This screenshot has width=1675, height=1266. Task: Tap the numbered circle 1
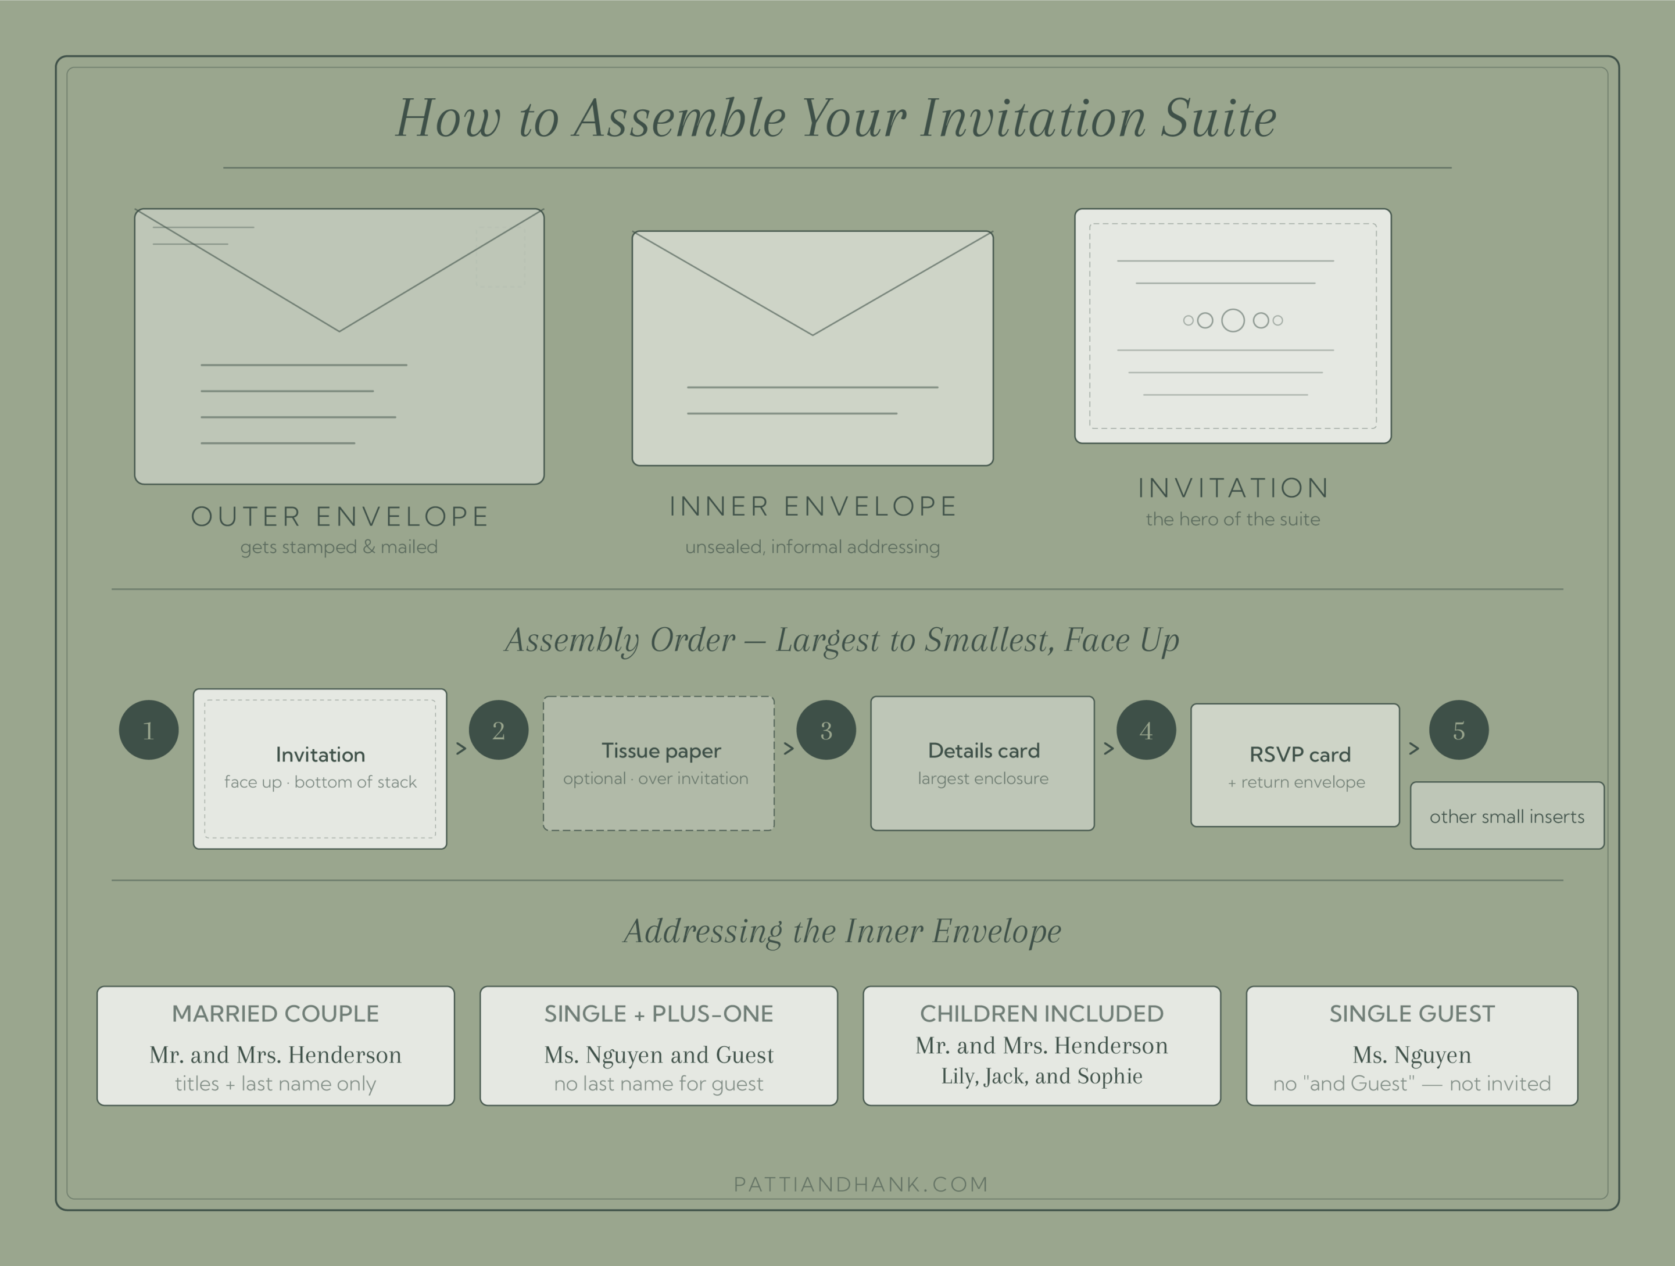pos(148,730)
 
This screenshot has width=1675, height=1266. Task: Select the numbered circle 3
pos(826,730)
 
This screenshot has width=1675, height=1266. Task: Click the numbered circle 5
pos(1458,730)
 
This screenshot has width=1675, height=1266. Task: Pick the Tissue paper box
pos(659,763)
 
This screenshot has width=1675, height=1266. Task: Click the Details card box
pos(982,763)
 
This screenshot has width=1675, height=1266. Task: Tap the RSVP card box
pos(1295,765)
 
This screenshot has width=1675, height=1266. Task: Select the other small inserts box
pos(1507,816)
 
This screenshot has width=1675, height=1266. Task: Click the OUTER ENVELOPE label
pos(340,516)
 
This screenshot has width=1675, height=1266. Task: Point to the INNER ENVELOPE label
pos(813,506)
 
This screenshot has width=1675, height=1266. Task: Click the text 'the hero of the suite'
pos(1233,520)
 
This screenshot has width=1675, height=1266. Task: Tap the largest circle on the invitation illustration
pos(1233,320)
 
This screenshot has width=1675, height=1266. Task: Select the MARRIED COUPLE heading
pos(275,1014)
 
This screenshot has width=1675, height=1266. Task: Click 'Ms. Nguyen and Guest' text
pos(659,1055)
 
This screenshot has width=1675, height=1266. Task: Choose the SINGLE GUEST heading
pos(1412,1014)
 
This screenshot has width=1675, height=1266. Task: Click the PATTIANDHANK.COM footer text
pos(861,1184)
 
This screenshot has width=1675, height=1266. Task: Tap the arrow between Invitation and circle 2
pos(460,748)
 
